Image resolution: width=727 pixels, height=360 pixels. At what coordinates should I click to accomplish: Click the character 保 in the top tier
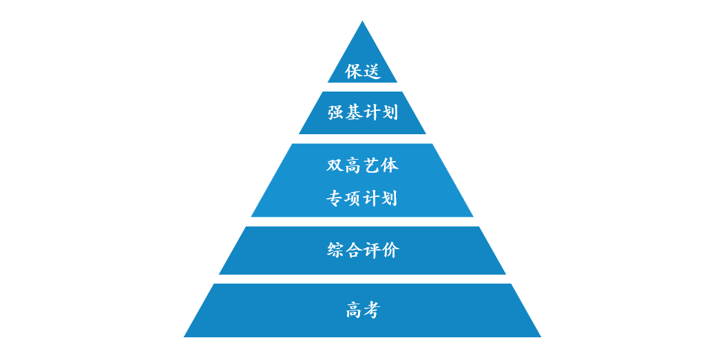tap(353, 71)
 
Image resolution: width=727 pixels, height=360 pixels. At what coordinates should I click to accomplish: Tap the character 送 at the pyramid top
tap(371, 71)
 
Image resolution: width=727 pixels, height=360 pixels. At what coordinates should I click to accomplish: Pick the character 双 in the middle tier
tap(335, 165)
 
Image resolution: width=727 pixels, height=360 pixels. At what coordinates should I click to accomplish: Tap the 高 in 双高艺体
tap(353, 165)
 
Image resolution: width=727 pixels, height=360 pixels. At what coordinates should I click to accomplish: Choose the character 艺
tap(372, 165)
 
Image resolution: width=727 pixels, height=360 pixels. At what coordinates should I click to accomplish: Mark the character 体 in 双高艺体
tap(390, 165)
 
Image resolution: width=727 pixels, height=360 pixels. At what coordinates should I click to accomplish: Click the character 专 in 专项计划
tap(335, 198)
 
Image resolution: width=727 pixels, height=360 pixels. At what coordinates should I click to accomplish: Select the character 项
tap(353, 198)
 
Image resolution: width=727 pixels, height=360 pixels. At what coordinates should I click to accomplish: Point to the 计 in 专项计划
tap(372, 198)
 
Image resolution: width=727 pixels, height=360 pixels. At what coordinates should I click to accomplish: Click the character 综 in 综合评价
tap(335, 250)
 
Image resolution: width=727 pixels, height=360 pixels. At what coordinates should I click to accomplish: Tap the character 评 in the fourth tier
tap(372, 250)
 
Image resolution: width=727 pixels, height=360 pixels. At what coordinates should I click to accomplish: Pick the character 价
tap(390, 250)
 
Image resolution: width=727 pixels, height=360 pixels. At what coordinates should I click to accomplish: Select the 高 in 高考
tap(353, 310)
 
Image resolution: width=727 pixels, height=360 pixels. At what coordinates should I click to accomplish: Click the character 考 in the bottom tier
tap(371, 310)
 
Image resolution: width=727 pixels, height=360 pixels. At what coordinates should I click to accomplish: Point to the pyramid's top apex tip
tap(362, 23)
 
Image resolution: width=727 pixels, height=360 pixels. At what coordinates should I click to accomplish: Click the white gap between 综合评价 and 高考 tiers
tap(362, 279)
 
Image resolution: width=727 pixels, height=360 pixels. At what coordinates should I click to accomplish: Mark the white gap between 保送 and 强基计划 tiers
tap(362, 87)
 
